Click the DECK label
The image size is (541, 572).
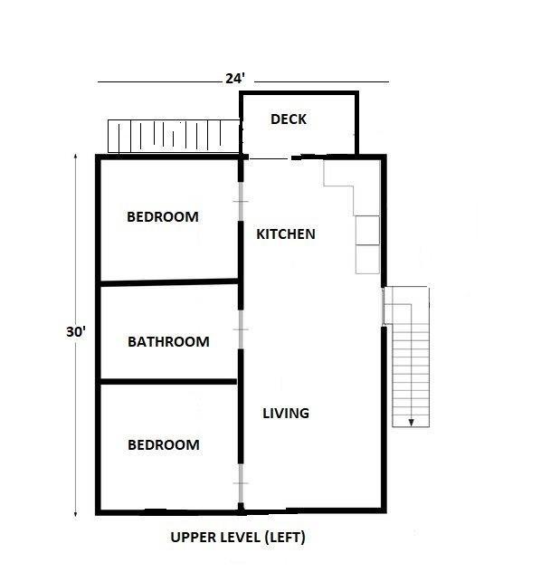pyautogui.click(x=289, y=119)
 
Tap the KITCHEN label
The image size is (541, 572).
pyautogui.click(x=286, y=234)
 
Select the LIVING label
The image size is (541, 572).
pyautogui.click(x=286, y=414)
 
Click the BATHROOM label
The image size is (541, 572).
pyautogui.click(x=168, y=342)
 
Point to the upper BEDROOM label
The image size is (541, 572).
pyautogui.click(x=163, y=217)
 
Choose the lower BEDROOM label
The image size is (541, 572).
pyautogui.click(x=164, y=445)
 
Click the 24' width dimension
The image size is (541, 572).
pyautogui.click(x=235, y=79)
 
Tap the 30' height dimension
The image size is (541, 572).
pyautogui.click(x=76, y=332)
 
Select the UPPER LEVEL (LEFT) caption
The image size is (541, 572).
pyautogui.click(x=238, y=538)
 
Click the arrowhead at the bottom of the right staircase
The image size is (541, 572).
pyautogui.click(x=412, y=423)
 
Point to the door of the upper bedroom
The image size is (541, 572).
pyautogui.click(x=241, y=201)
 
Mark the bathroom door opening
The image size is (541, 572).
pyautogui.click(x=241, y=329)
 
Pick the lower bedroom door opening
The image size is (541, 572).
pyautogui.click(x=241, y=483)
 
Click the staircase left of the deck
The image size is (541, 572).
pyautogui.click(x=174, y=137)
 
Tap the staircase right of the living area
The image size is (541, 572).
pyautogui.click(x=407, y=357)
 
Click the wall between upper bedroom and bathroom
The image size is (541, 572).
pyautogui.click(x=169, y=282)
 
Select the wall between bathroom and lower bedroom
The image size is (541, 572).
pyautogui.click(x=168, y=382)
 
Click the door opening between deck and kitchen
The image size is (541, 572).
pyautogui.click(x=270, y=158)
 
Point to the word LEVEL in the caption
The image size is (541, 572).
pyautogui.click(x=241, y=538)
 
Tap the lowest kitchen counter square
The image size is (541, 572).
pyautogui.click(x=367, y=260)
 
